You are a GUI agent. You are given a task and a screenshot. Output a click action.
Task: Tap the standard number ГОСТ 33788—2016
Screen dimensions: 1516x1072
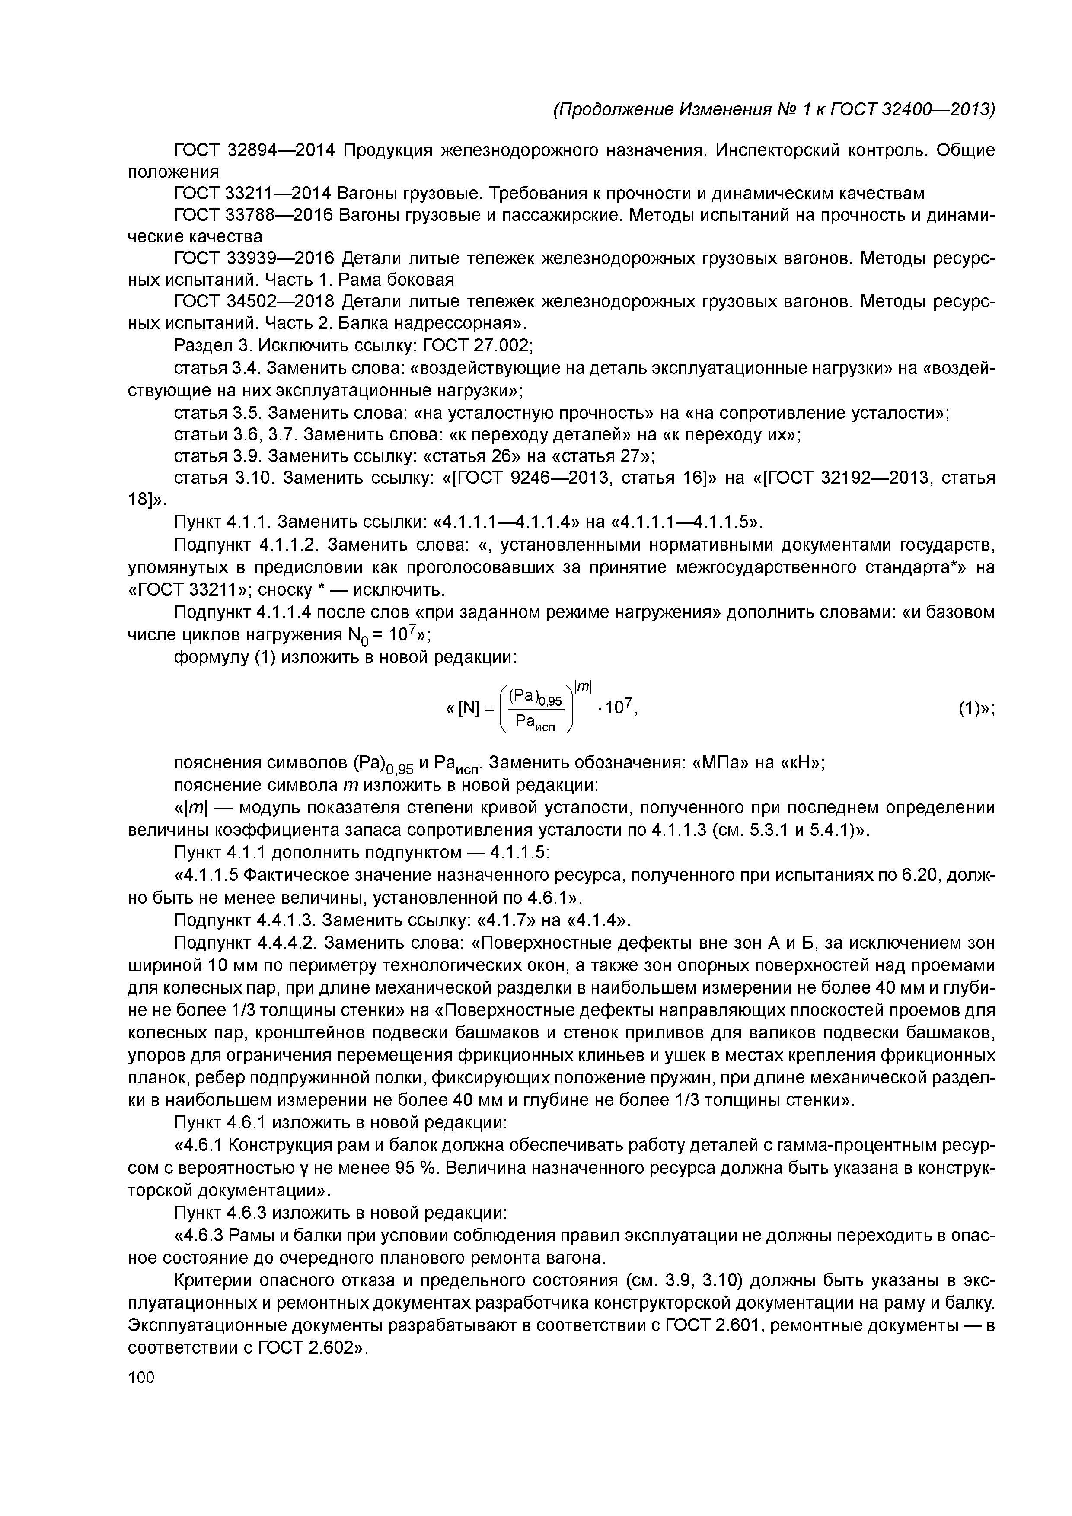coord(254,215)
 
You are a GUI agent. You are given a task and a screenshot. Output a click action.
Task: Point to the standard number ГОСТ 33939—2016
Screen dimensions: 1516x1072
coord(254,258)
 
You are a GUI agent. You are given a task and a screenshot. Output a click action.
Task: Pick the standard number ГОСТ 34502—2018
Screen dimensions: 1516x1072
coord(254,302)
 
